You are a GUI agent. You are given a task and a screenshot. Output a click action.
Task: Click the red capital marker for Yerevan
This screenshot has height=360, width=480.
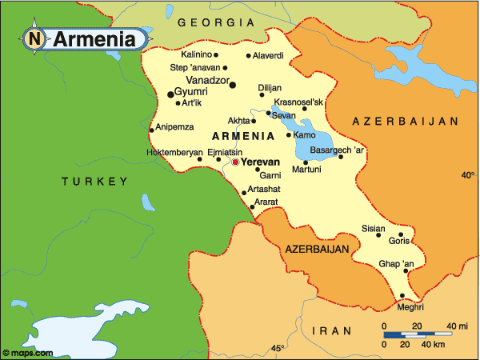pyautogui.click(x=235, y=162)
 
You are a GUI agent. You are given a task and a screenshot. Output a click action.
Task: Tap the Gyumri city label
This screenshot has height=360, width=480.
pyautogui.click(x=190, y=92)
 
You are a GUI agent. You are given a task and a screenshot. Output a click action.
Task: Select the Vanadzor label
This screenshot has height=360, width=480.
pyautogui.click(x=206, y=81)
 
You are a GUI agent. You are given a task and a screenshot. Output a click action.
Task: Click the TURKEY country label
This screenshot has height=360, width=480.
pyautogui.click(x=94, y=182)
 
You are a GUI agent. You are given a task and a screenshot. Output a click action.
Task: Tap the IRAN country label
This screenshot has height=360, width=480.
pyautogui.click(x=330, y=330)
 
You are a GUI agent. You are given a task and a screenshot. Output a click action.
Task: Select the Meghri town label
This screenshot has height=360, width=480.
pyautogui.click(x=410, y=306)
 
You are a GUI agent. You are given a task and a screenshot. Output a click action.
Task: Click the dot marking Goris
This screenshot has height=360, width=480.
pyautogui.click(x=401, y=235)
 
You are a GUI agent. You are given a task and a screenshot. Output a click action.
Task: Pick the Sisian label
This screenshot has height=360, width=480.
pyautogui.click(x=374, y=228)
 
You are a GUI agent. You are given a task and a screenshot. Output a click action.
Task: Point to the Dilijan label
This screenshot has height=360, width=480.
pyautogui.click(x=270, y=87)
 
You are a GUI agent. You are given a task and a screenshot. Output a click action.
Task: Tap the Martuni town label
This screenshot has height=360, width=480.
pyautogui.click(x=306, y=169)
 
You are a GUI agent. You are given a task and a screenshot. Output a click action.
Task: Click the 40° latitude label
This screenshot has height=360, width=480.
pyautogui.click(x=467, y=174)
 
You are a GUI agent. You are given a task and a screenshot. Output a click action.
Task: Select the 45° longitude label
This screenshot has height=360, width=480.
pyautogui.click(x=278, y=348)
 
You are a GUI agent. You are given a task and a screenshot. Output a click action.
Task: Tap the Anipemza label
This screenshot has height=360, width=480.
pyautogui.click(x=174, y=126)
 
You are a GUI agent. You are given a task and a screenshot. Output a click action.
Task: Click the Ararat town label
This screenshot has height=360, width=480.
pyautogui.click(x=266, y=202)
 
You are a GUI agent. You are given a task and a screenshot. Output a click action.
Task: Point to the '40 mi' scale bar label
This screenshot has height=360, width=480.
pyautogui.click(x=458, y=325)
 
